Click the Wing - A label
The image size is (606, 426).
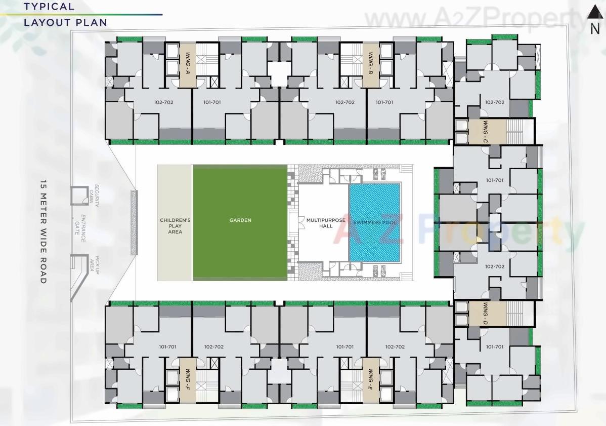click(187, 63)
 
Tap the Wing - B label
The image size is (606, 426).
click(371, 63)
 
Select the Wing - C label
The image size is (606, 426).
click(485, 131)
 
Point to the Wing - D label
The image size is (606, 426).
click(485, 313)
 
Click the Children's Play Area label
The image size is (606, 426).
click(175, 226)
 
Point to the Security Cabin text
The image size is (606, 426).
click(94, 196)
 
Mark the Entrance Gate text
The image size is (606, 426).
click(80, 230)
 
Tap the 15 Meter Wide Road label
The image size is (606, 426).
click(44, 231)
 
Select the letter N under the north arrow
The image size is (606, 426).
click(595, 29)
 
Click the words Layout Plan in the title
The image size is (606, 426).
click(65, 22)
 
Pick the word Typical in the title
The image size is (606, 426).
click(49, 7)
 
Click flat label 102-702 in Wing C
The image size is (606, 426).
click(494, 102)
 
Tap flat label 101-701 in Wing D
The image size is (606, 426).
click(494, 347)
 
